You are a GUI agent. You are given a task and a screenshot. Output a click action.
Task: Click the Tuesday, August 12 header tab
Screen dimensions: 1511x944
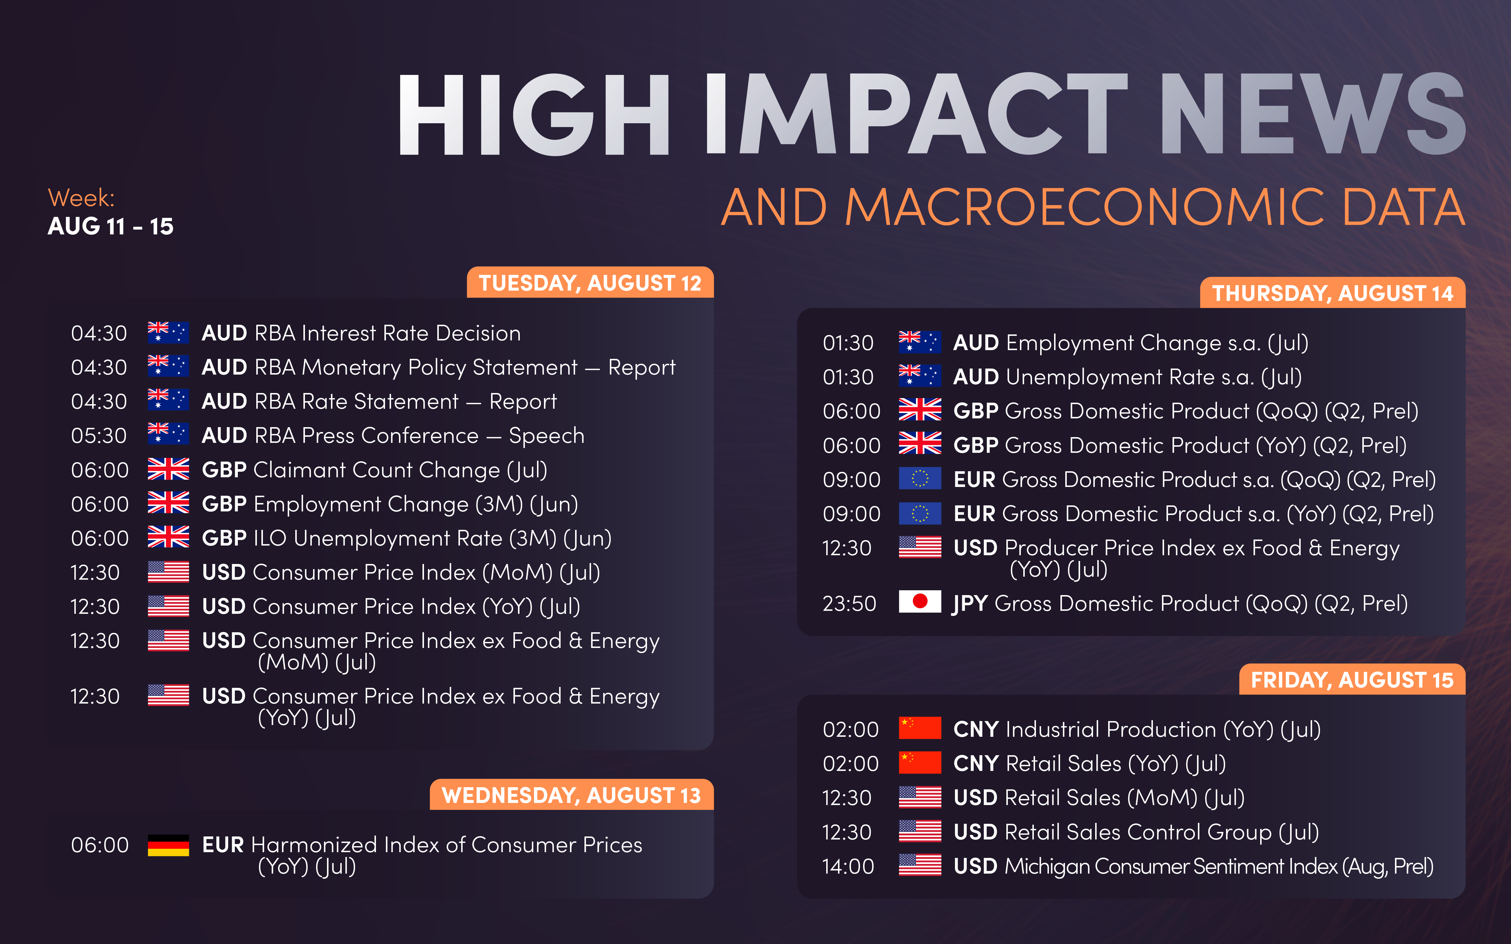(x=590, y=283)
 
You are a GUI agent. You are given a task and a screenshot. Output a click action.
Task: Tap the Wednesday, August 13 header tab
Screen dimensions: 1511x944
(x=571, y=795)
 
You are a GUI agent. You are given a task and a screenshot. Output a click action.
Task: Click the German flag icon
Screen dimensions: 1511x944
(x=169, y=845)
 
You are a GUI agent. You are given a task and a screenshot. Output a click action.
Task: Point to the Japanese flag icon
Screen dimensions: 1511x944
(x=920, y=601)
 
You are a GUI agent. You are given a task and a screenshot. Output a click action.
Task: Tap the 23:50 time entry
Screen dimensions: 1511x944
(x=849, y=604)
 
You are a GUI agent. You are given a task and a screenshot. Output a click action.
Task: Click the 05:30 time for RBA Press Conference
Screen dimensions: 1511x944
(x=99, y=436)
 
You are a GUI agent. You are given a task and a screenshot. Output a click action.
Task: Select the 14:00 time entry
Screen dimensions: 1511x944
(x=848, y=867)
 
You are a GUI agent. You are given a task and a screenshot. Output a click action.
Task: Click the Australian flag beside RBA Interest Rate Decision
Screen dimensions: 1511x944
(x=169, y=332)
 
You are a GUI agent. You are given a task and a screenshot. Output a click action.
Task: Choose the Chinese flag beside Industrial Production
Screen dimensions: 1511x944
(x=920, y=728)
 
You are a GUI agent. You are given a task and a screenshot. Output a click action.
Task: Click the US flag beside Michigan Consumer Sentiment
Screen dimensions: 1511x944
(x=920, y=865)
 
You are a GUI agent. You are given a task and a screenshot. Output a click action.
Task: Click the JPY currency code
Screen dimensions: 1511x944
(x=970, y=604)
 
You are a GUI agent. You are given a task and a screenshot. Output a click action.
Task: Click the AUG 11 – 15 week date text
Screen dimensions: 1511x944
(x=111, y=226)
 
